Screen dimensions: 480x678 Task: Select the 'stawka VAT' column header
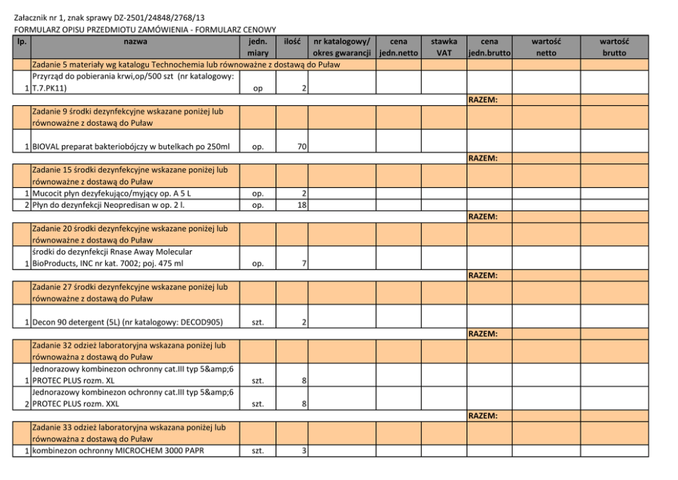click(444, 47)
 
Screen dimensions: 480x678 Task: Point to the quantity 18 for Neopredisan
click(301, 205)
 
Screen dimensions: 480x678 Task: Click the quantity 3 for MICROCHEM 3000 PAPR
click(303, 451)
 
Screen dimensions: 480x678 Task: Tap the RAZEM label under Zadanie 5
click(483, 100)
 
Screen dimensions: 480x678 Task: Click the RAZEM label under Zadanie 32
click(483, 416)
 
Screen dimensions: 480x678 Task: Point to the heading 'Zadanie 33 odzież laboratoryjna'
click(128, 427)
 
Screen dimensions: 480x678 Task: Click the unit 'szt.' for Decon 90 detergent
click(258, 322)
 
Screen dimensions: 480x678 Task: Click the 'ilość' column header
click(293, 42)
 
